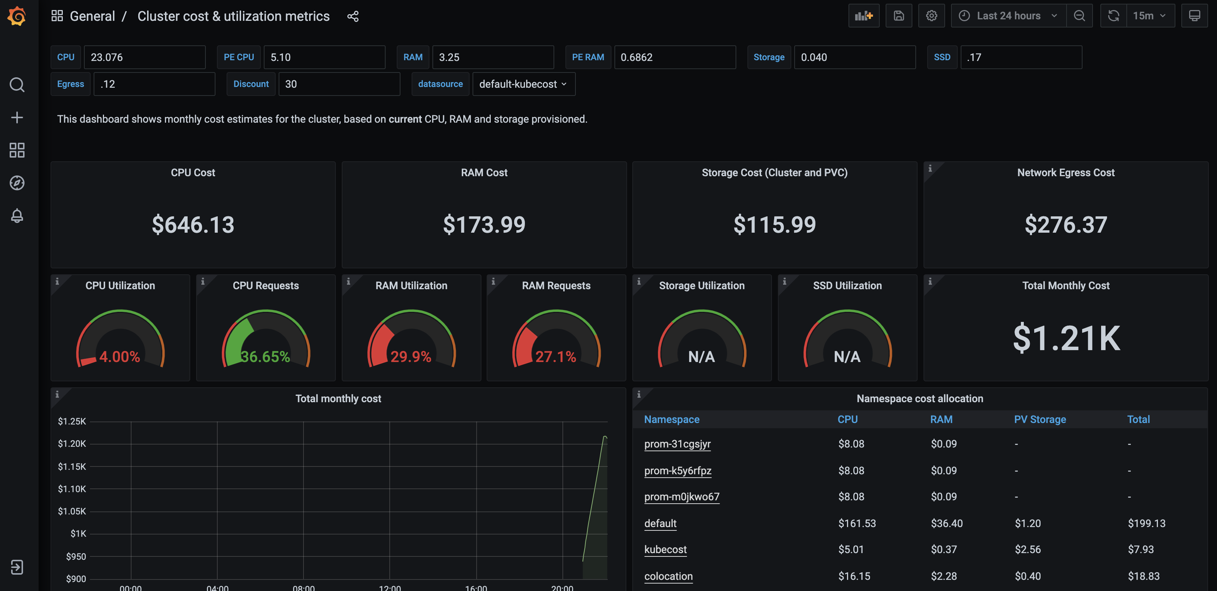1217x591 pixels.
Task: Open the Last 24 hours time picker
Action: (1008, 16)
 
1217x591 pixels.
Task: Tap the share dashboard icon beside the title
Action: (353, 17)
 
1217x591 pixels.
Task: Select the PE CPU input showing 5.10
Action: (324, 57)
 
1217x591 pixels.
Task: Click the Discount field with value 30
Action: (339, 84)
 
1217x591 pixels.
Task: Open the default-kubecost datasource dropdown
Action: (523, 84)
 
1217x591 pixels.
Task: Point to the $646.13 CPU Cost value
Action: (193, 225)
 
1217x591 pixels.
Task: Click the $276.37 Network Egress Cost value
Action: (1065, 225)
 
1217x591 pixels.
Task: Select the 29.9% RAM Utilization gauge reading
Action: (410, 356)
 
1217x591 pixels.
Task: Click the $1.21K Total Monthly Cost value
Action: (1066, 338)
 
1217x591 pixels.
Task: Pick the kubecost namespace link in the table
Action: (665, 549)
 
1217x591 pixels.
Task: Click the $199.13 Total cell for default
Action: (1146, 523)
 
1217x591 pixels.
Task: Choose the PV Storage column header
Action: (1039, 419)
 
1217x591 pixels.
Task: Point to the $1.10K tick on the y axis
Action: (72, 489)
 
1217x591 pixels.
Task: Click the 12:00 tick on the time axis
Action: (389, 588)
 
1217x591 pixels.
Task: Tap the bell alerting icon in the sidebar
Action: (17, 216)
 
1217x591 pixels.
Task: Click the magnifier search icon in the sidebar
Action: (17, 85)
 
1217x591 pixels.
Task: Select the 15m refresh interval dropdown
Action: (1149, 16)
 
